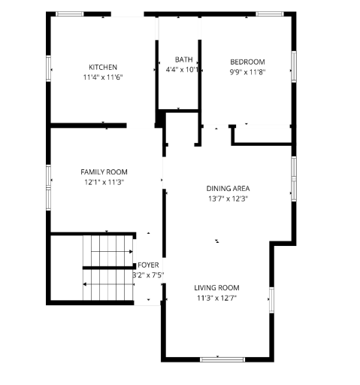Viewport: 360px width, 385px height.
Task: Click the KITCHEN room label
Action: pyautogui.click(x=103, y=67)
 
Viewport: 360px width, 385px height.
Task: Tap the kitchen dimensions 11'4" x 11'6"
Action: pyautogui.click(x=103, y=77)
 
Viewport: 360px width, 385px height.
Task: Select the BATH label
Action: pyautogui.click(x=183, y=59)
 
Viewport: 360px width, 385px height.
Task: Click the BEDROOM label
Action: pyautogui.click(x=247, y=62)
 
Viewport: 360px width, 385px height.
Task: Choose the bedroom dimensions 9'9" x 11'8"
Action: pyautogui.click(x=247, y=72)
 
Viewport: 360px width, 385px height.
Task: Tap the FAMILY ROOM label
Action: pyautogui.click(x=104, y=171)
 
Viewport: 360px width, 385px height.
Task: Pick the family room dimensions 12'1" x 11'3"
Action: pyautogui.click(x=104, y=182)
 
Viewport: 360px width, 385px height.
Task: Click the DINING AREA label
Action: pyautogui.click(x=228, y=188)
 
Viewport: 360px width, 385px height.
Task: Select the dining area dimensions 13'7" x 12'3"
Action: pyautogui.click(x=228, y=199)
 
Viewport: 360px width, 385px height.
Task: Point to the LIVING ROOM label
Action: pyautogui.click(x=216, y=288)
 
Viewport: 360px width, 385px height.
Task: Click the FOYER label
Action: pyautogui.click(x=147, y=265)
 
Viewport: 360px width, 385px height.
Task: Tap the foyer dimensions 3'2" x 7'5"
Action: pyautogui.click(x=148, y=275)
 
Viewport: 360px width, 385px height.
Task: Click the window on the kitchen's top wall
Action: pyautogui.click(x=70, y=14)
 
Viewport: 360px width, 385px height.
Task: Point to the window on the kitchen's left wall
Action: pyautogui.click(x=50, y=69)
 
